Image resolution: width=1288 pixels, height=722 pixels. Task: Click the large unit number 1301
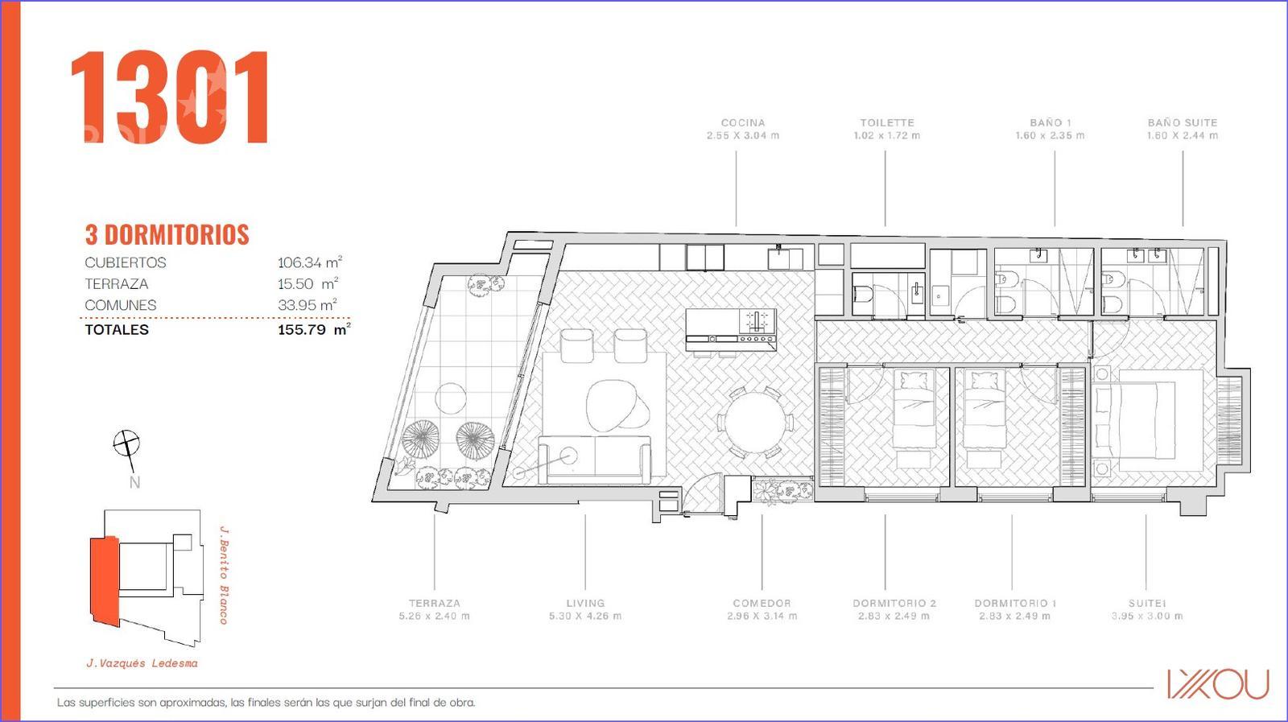(170, 97)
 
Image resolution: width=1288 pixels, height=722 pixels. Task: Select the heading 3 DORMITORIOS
(167, 234)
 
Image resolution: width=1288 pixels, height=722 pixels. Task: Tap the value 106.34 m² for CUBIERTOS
(310, 262)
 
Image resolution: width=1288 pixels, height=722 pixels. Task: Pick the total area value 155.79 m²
(314, 329)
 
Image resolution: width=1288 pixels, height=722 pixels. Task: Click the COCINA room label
(743, 122)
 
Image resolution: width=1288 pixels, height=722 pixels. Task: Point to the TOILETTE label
(886, 122)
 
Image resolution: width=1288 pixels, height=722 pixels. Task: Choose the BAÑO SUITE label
(1183, 122)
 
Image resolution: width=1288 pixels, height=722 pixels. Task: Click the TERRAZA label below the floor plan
(434, 603)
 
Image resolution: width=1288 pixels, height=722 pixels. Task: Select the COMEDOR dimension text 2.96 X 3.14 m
(762, 617)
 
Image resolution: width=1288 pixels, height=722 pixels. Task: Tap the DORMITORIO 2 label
(894, 603)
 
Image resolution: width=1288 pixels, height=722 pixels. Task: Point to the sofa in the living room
(595, 460)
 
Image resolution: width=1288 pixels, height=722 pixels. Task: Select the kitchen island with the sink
(731, 329)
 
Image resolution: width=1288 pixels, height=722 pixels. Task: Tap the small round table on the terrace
(450, 398)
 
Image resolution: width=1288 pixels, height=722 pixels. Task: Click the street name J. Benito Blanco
(225, 574)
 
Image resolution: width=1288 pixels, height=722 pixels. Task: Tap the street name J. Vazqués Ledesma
(142, 663)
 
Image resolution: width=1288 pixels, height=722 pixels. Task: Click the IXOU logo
(1218, 684)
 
